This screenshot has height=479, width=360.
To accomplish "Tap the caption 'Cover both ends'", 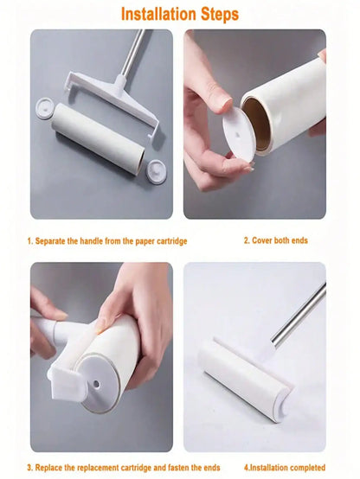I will (280, 240).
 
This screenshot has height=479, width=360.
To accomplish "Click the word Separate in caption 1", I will (55, 240).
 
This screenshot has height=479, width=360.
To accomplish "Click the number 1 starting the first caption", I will (29, 240).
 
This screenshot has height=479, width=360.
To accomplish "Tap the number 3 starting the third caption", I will (29, 468).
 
